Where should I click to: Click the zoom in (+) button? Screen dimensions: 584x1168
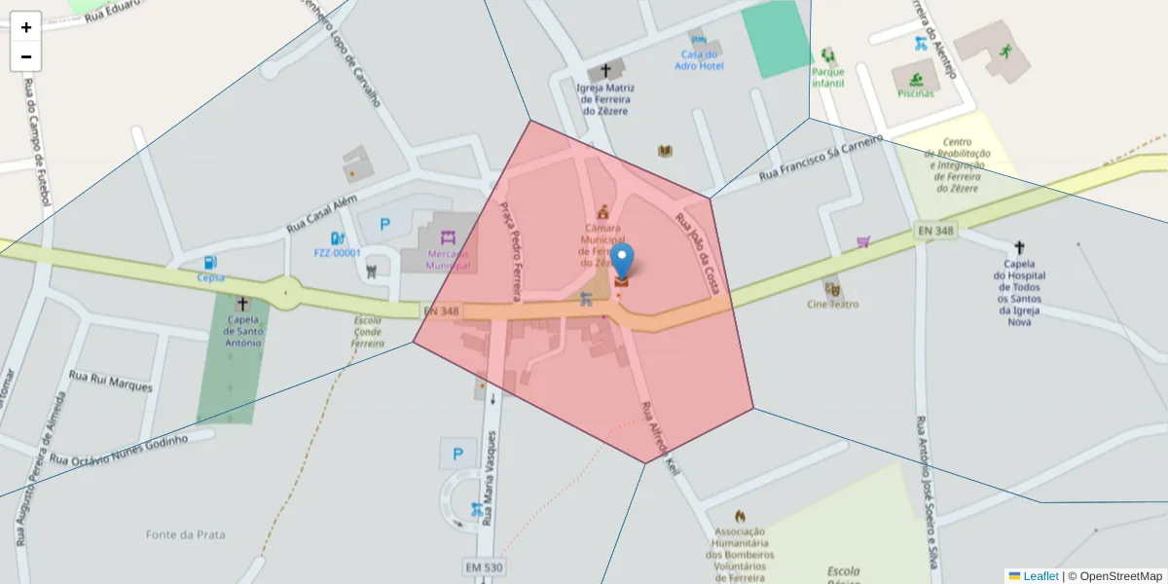coord(26,27)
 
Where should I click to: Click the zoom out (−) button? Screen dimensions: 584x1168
coord(26,56)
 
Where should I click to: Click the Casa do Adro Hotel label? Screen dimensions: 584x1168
coord(700,60)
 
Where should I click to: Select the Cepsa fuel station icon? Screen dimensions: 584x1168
coord(210,263)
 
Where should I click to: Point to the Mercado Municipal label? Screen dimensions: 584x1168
coord(449,260)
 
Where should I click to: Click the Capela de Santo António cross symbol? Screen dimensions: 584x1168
coord(242,304)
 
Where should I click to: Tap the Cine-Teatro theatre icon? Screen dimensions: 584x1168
coord(832,289)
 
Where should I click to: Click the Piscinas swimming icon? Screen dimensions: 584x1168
coord(915,79)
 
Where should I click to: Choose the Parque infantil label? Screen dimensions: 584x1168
coord(828,77)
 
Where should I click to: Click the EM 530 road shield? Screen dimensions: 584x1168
coord(484,566)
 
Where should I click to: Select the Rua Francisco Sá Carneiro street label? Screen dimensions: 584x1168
coord(821,156)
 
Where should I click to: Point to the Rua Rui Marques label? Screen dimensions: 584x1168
coord(111,381)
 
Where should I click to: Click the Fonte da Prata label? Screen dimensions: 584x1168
coord(186,534)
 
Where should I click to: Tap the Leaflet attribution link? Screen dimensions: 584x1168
coord(1040,576)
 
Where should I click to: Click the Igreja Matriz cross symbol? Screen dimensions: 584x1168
coord(606,71)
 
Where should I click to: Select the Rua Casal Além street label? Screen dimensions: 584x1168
coord(321,213)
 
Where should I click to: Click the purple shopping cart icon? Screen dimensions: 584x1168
coord(863,241)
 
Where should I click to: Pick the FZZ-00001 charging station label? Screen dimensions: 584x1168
coord(337,253)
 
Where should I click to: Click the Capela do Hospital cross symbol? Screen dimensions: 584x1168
coord(1019,248)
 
